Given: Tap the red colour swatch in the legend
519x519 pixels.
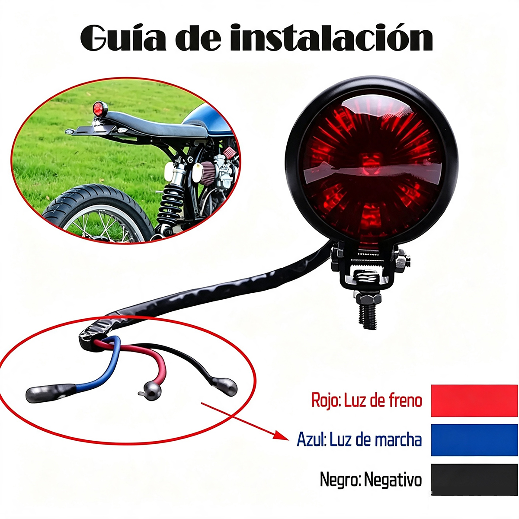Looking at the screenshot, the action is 474,401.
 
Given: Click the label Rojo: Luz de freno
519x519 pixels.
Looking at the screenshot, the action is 367,400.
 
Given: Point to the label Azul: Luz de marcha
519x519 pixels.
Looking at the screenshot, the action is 359,440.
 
